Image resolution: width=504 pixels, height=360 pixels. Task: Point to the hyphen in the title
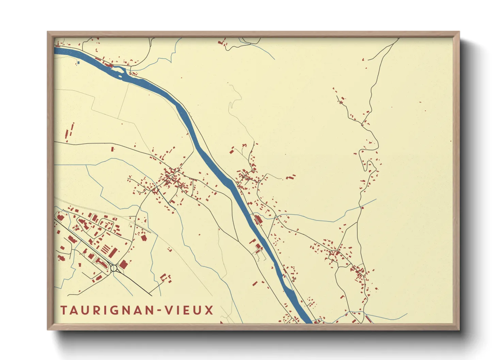tap(159, 311)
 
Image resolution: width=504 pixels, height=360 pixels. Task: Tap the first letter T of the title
tap(64, 310)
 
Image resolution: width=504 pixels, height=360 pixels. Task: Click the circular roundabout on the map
tap(114, 268)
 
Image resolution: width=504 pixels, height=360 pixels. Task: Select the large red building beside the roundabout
tap(123, 264)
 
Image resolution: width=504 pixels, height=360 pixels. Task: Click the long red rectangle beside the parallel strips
tap(113, 252)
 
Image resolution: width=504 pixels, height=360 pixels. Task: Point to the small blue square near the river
tap(78, 63)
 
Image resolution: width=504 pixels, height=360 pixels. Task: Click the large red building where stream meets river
tap(258, 219)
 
